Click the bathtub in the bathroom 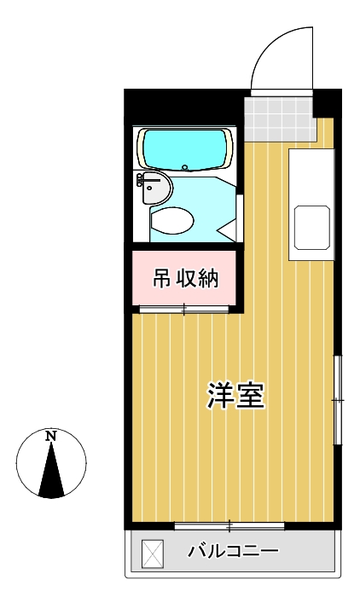coord(186,149)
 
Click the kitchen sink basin coord(312,226)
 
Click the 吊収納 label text coord(186,278)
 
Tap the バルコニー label coord(233,551)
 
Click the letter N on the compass coord(51,437)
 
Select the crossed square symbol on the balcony coord(151,552)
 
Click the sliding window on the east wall coord(338,399)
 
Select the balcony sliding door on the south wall coord(229,523)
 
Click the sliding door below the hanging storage coord(183,310)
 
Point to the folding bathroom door coord(229,223)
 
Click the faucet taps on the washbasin coord(140,182)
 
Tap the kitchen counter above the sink coord(311,175)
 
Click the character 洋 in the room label coord(220,395)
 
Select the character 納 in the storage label coord(209,278)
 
